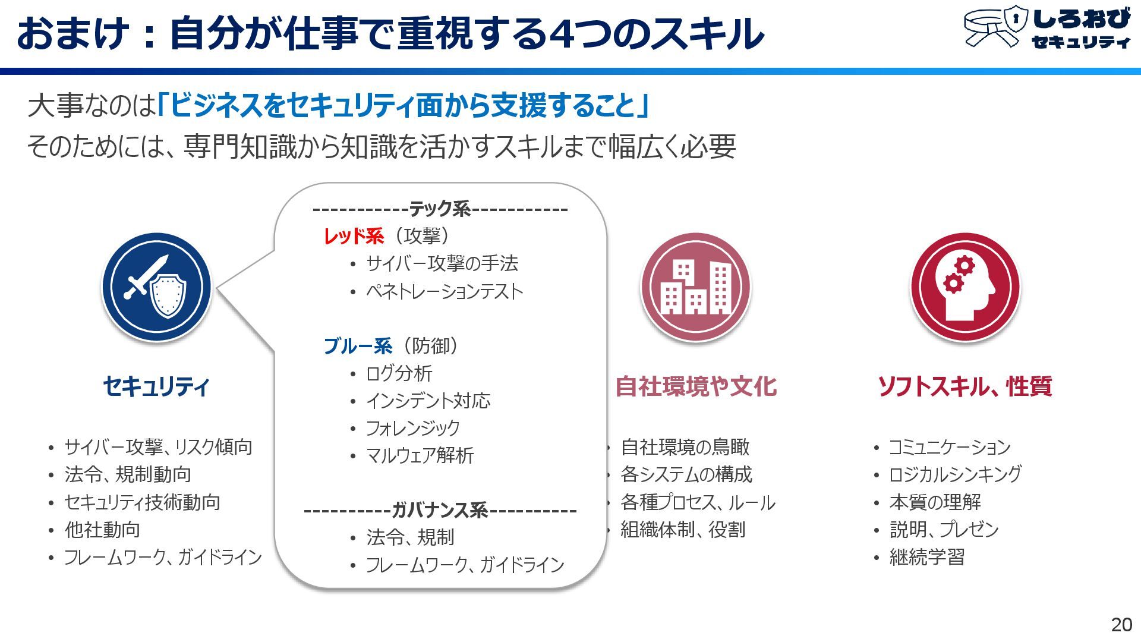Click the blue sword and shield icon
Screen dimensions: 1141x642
[x=156, y=287]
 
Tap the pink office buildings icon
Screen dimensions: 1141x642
[x=695, y=287]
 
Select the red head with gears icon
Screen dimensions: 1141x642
[x=965, y=287]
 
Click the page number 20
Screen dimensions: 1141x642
[x=1121, y=624]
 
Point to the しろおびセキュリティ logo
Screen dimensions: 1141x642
[x=1047, y=27]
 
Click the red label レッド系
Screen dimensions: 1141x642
[x=354, y=236]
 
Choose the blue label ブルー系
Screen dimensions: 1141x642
[x=358, y=346]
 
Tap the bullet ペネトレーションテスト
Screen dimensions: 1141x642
[x=445, y=291]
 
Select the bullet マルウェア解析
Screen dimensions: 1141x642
[x=420, y=455]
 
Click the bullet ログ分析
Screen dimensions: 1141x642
[x=399, y=373]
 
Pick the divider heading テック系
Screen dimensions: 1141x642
[x=440, y=209]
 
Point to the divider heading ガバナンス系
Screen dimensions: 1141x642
[x=440, y=510]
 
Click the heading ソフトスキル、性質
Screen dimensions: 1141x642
[x=965, y=386]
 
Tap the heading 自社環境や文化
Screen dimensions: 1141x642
[x=696, y=386]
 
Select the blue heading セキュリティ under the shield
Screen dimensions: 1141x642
[x=156, y=386]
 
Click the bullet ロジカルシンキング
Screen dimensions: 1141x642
[x=955, y=474]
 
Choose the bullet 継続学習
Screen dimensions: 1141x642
[x=926, y=557]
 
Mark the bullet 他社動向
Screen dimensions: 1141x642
[x=102, y=530]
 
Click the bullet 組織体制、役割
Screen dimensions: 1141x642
[x=683, y=530]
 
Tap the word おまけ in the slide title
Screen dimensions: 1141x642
[x=73, y=33]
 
